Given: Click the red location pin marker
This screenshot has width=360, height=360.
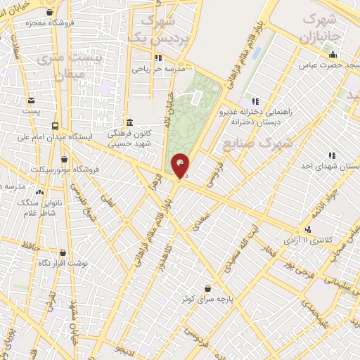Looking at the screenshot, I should tap(181, 166).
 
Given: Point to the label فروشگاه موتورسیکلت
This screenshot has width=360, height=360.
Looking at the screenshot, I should tap(62, 169).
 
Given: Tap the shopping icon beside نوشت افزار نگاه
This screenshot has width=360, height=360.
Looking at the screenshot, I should tap(63, 252).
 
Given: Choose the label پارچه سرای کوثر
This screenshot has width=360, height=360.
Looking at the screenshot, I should tap(206, 299).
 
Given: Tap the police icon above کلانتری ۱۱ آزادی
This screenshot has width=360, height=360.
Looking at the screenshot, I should tap(307, 229).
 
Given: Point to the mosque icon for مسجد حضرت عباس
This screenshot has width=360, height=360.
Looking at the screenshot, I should tap(333, 55).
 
